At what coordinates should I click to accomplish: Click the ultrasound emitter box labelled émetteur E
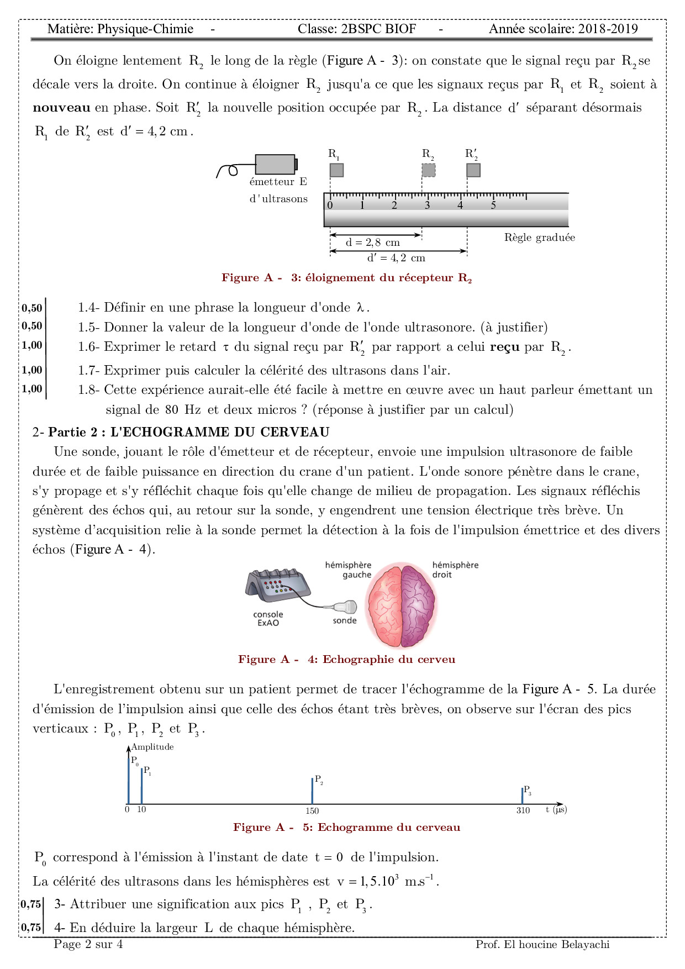275,164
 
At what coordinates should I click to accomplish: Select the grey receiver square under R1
336,170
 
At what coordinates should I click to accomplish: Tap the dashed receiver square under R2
428,170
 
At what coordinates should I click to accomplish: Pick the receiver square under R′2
473,170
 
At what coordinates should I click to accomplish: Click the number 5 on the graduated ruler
493,206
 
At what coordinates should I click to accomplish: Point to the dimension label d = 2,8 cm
373,243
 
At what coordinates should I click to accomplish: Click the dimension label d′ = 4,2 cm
396,258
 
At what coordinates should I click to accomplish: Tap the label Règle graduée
539,238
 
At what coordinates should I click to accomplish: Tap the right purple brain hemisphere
418,605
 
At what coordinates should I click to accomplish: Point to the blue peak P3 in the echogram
522,796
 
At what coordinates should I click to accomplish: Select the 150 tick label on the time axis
312,811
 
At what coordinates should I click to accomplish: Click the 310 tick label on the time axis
523,811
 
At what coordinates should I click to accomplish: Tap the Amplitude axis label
152,747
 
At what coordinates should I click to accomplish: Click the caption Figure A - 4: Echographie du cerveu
346,659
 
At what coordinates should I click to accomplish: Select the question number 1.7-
88,370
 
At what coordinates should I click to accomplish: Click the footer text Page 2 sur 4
88,944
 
